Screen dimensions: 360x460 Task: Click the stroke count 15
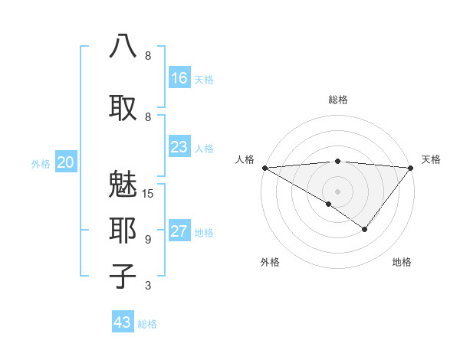pos(148,194)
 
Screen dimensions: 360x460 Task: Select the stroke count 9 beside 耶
pos(148,240)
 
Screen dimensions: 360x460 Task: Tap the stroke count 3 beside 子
pos(148,286)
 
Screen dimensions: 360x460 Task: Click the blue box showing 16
pos(179,78)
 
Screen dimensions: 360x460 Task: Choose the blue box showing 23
pos(179,147)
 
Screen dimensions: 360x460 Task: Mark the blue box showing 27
pos(179,231)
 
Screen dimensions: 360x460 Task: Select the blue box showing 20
pos(66,162)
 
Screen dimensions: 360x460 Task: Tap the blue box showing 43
pos(122,322)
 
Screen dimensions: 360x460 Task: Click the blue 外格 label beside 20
pos(41,163)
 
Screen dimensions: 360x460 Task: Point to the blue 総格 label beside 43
pos(147,324)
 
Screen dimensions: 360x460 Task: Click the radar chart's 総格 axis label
pos(337,100)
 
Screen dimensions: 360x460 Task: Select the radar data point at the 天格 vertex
pos(411,168)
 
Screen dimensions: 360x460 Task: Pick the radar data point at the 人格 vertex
pos(264,168)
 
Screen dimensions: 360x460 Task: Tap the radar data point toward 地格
pos(365,229)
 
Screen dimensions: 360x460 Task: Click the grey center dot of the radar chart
pos(337,191)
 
